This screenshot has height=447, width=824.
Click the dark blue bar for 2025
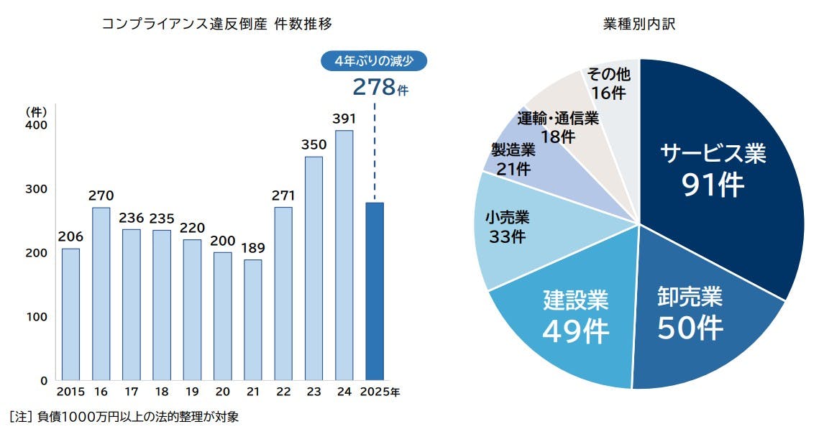coord(374,291)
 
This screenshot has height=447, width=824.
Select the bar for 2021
coord(252,320)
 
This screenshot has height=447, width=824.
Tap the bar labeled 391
coord(344,255)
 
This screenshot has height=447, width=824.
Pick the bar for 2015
coord(70,314)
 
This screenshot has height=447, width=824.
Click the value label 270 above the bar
coord(101,195)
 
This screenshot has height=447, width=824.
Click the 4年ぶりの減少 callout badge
coord(374,61)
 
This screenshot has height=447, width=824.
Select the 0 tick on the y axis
coord(44,380)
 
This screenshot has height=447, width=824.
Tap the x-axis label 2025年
coord(380,393)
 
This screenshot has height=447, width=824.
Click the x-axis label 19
coord(192,393)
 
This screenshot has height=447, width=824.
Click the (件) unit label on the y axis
coord(36,111)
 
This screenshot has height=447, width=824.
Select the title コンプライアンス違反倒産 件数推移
coord(216,24)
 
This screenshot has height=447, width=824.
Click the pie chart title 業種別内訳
coord(639,24)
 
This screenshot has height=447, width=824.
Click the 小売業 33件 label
coord(507,226)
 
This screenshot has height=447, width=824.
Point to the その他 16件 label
coord(608,83)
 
